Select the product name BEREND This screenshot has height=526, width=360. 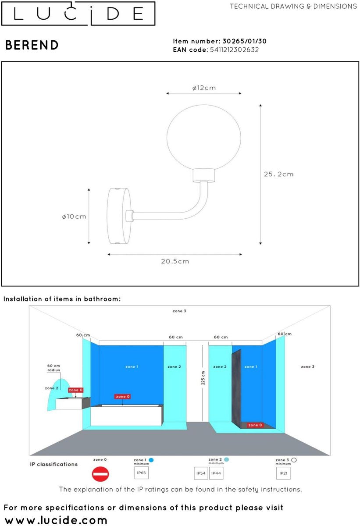[x=32, y=45]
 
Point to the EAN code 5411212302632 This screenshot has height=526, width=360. [x=234, y=50]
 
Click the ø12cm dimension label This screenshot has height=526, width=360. [x=204, y=88]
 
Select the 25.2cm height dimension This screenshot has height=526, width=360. [x=278, y=174]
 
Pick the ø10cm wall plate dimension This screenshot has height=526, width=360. [x=74, y=217]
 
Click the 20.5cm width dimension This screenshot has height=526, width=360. [x=175, y=261]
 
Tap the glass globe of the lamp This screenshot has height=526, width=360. [x=204, y=135]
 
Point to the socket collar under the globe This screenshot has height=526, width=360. [x=204, y=176]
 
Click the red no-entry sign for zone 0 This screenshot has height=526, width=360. [x=100, y=474]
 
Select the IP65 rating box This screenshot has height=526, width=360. [x=142, y=473]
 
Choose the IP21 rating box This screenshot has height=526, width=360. [x=283, y=473]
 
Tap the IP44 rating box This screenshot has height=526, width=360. [x=216, y=473]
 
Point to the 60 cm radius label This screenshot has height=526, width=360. [x=53, y=368]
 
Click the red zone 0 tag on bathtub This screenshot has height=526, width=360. [x=122, y=397]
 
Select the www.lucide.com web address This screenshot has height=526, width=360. [x=56, y=520]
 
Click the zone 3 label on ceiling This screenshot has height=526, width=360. [x=179, y=311]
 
